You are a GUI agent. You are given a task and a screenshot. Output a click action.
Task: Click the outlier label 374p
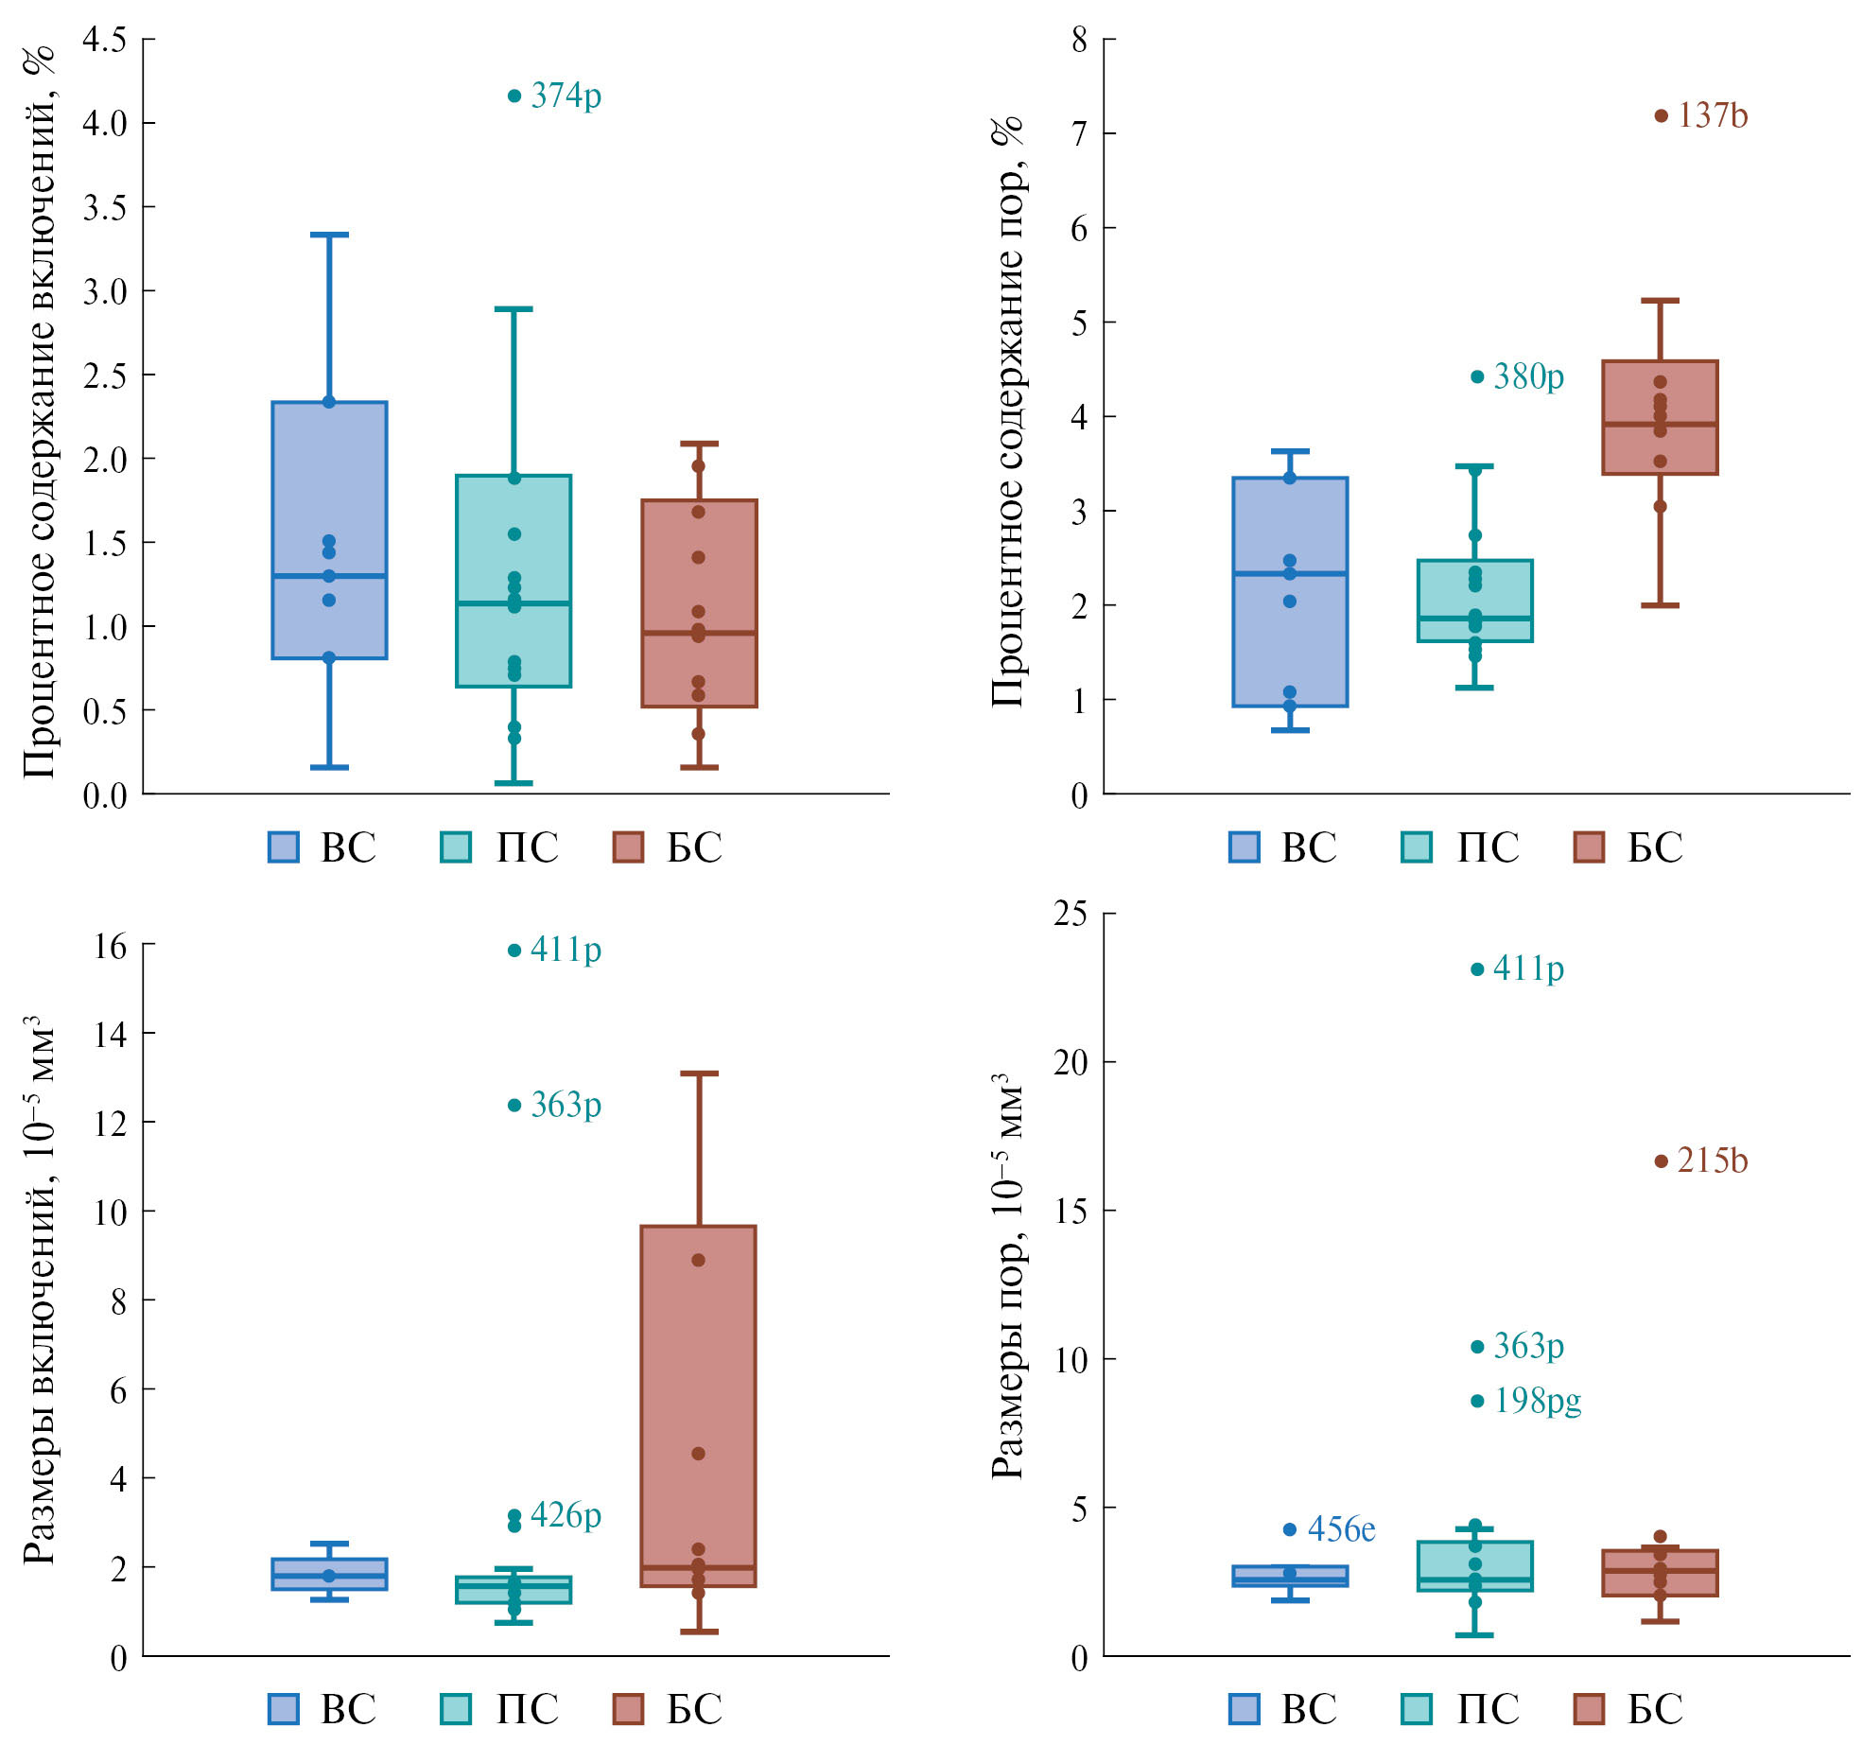pos(566,96)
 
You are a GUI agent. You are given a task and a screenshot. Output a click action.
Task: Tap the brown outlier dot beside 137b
pos(1661,116)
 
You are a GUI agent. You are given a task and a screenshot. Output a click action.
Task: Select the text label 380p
pos(1528,377)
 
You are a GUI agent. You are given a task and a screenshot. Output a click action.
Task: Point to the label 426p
pos(566,1514)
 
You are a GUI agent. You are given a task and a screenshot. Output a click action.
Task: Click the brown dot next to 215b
pos(1661,1161)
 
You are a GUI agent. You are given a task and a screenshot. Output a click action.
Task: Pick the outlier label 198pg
pos(1537,1401)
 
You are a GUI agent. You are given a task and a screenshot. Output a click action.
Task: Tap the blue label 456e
pos(1341,1529)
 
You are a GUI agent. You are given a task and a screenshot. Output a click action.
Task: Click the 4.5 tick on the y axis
pos(104,40)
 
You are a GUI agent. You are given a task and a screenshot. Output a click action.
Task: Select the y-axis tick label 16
pos(110,946)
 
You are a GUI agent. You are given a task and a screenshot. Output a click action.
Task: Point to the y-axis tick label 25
pos(1071,914)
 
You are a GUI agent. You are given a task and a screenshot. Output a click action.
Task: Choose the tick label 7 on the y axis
pos(1079,134)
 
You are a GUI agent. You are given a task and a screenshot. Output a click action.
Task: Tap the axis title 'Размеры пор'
pos(1007,1277)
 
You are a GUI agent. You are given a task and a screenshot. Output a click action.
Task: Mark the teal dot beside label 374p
pos(514,96)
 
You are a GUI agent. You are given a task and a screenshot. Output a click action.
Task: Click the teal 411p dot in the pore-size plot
pos(1477,969)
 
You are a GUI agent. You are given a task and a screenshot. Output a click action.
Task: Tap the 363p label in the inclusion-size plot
pos(566,1105)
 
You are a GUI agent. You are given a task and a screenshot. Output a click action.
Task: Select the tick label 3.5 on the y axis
pos(104,207)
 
